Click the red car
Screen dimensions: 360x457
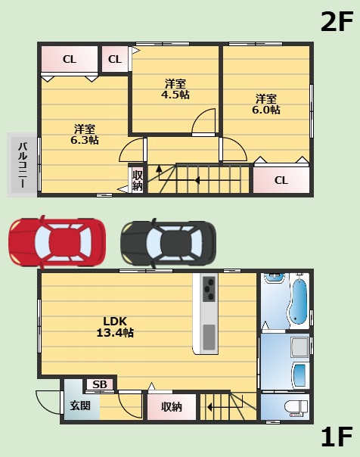57,242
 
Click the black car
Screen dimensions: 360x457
169,243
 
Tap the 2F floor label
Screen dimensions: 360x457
337,22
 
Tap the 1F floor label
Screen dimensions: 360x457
337,437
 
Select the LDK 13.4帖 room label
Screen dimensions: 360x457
115,327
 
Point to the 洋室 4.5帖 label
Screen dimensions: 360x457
175,89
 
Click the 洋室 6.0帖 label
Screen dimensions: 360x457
266,104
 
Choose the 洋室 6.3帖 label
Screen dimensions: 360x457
85,135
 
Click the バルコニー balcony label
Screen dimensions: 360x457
23,165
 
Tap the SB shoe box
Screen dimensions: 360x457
100,384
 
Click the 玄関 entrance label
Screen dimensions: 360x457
80,406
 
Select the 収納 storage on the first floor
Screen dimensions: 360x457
172,407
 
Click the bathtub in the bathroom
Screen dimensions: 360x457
298,300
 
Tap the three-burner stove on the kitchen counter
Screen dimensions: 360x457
209,289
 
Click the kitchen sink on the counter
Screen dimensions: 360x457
209,337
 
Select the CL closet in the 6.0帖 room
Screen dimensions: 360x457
281,180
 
